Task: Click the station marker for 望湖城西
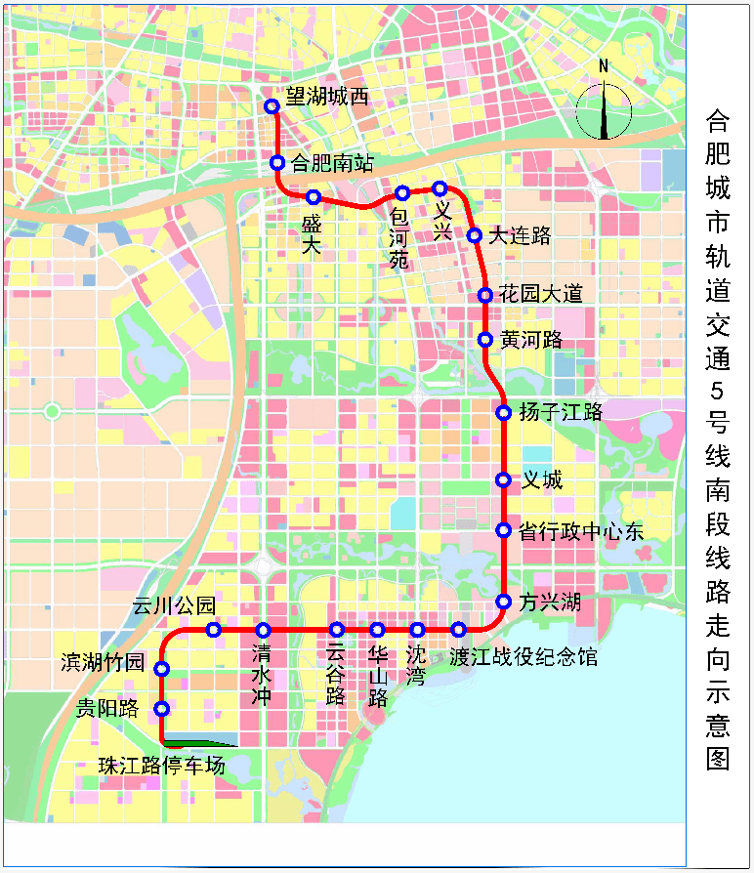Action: click(x=272, y=107)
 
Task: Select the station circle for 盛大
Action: click(x=314, y=197)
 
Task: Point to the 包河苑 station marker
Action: click(x=402, y=193)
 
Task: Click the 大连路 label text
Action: click(x=520, y=235)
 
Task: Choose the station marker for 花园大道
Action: click(x=484, y=295)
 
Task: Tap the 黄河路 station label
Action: click(x=531, y=340)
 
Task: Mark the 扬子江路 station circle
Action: click(x=504, y=413)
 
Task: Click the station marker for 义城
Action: click(x=504, y=480)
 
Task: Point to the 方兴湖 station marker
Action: click(x=504, y=602)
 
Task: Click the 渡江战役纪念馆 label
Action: click(x=524, y=657)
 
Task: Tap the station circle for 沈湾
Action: click(x=418, y=630)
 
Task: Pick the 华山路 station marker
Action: click(x=377, y=630)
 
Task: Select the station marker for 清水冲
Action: click(x=264, y=630)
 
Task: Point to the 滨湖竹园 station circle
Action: click(x=162, y=669)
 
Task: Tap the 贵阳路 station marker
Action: click(x=162, y=709)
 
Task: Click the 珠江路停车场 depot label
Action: click(x=161, y=766)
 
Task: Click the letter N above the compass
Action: click(x=604, y=66)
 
